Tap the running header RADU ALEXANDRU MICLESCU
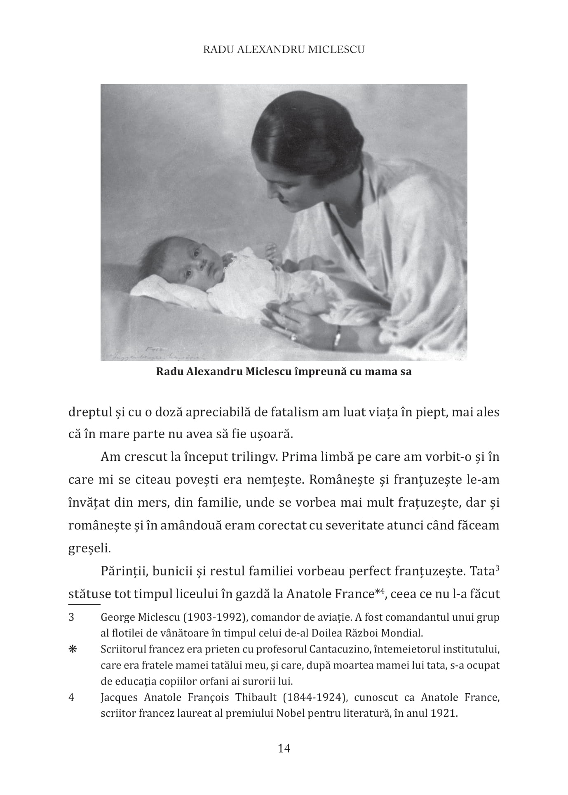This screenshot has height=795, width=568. [284, 49]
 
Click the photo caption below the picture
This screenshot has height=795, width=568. [284, 372]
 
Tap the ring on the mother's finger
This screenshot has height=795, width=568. [293, 337]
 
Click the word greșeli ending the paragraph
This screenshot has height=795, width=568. [84, 548]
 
